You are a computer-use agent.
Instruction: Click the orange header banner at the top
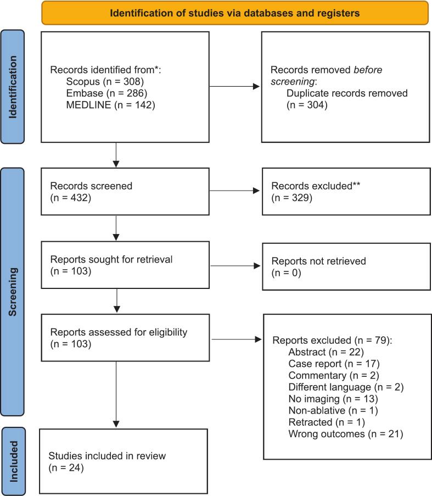click(235, 13)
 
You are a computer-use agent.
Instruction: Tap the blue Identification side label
click(12, 87)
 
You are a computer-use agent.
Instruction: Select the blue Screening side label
click(12, 292)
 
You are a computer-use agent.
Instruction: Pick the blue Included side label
click(13, 461)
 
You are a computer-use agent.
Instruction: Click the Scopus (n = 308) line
click(105, 82)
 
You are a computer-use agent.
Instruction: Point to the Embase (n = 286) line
click(106, 93)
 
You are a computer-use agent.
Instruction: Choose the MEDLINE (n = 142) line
click(110, 105)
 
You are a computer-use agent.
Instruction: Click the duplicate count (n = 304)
click(307, 105)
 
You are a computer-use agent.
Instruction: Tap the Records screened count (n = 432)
click(70, 198)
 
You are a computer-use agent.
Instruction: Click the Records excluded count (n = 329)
click(291, 198)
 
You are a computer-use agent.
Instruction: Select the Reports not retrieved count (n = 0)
click(286, 272)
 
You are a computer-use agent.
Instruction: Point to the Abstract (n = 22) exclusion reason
click(326, 352)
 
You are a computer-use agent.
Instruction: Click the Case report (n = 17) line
click(334, 364)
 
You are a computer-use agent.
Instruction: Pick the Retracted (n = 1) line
click(327, 422)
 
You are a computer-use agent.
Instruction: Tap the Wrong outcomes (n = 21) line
click(346, 434)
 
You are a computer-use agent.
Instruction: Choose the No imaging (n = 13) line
click(333, 399)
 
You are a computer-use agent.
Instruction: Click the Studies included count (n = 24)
click(66, 467)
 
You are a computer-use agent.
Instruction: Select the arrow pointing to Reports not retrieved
click(235, 266)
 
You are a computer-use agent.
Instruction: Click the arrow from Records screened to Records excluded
click(234, 191)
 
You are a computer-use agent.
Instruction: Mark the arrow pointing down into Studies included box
click(116, 394)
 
